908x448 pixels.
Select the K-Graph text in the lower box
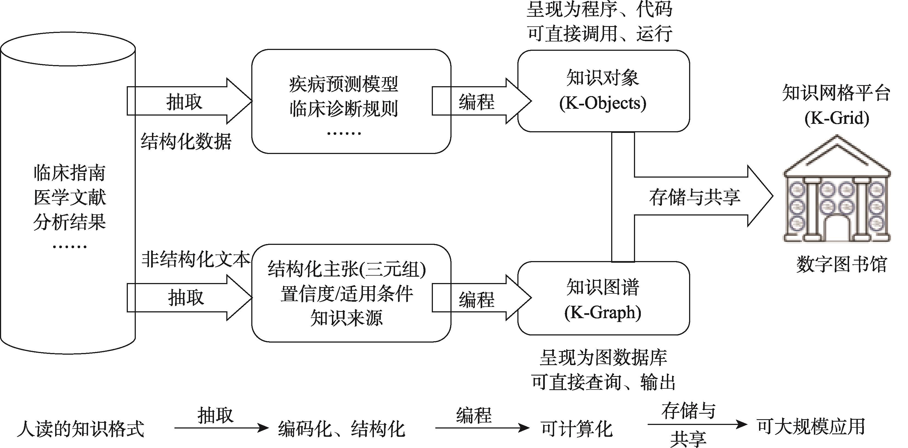603,313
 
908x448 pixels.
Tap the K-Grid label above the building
837,118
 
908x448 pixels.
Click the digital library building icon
837,191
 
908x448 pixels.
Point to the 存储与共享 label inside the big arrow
694,197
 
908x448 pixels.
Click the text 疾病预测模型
344,85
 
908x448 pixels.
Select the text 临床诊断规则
344,109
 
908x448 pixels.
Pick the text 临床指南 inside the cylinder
69,173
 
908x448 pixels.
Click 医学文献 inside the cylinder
69,197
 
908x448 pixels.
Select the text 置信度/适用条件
346,294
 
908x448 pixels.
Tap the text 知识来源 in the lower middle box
346,318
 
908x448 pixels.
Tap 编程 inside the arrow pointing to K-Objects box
476,102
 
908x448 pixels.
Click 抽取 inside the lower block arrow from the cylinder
186,297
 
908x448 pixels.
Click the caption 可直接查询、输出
603,382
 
